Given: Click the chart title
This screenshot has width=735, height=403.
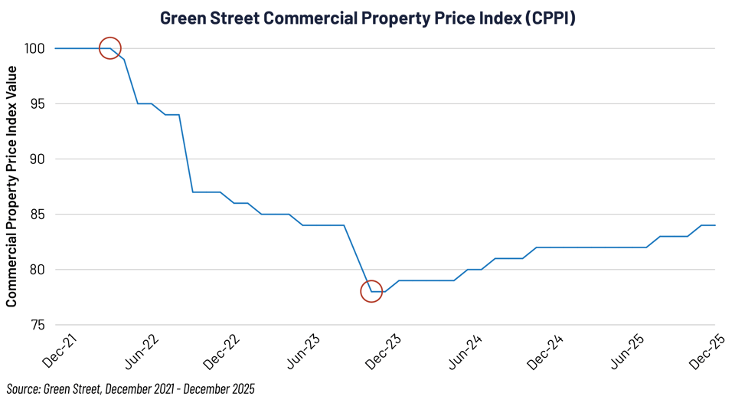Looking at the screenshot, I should coord(367,17).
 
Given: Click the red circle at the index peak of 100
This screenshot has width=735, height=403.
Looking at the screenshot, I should coord(110,48).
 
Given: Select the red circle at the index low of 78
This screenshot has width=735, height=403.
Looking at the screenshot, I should coord(371,291).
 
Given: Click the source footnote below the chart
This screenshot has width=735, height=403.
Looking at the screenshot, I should coord(130,389).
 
